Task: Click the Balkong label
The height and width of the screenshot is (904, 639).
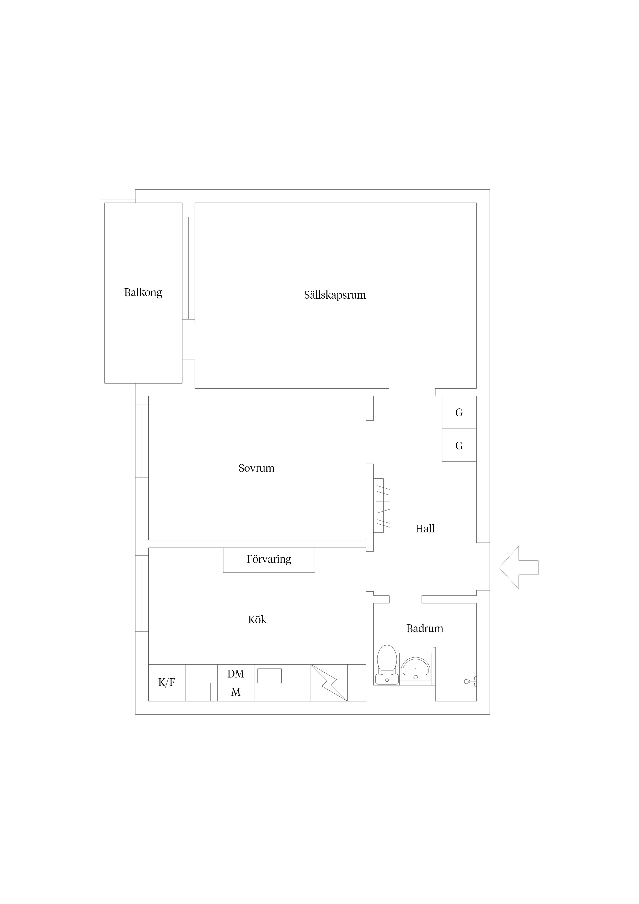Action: point(143,292)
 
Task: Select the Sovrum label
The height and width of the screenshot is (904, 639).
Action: point(256,468)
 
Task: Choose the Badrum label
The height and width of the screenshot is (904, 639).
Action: point(425,628)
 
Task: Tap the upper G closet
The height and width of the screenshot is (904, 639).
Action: point(459,412)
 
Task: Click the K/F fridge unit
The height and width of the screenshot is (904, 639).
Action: point(166,682)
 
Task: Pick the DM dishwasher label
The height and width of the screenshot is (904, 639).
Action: point(236,674)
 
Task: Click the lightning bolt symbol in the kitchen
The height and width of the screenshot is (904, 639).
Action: point(329,683)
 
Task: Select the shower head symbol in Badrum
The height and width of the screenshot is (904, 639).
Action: point(470,681)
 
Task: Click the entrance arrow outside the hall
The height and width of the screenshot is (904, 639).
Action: point(518,567)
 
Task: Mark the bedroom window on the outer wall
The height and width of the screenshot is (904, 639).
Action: point(142,441)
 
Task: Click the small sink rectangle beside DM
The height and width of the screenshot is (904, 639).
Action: point(269,676)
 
